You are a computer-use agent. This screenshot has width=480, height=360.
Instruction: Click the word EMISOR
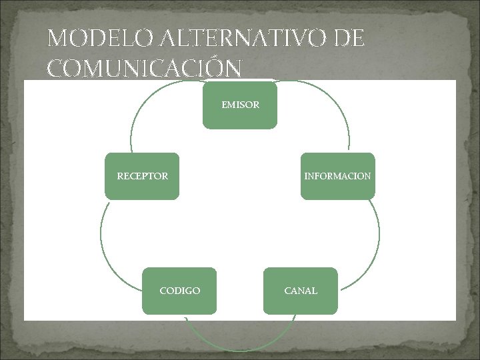[240, 105]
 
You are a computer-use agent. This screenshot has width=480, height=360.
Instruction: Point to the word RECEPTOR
[142, 177]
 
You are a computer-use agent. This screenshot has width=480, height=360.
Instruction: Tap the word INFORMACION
[337, 177]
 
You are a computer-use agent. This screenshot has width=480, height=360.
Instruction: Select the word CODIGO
[179, 291]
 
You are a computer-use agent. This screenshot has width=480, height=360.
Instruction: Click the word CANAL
[301, 291]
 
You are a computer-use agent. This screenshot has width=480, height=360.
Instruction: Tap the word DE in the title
[349, 39]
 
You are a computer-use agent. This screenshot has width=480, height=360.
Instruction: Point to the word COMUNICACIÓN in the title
[145, 68]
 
